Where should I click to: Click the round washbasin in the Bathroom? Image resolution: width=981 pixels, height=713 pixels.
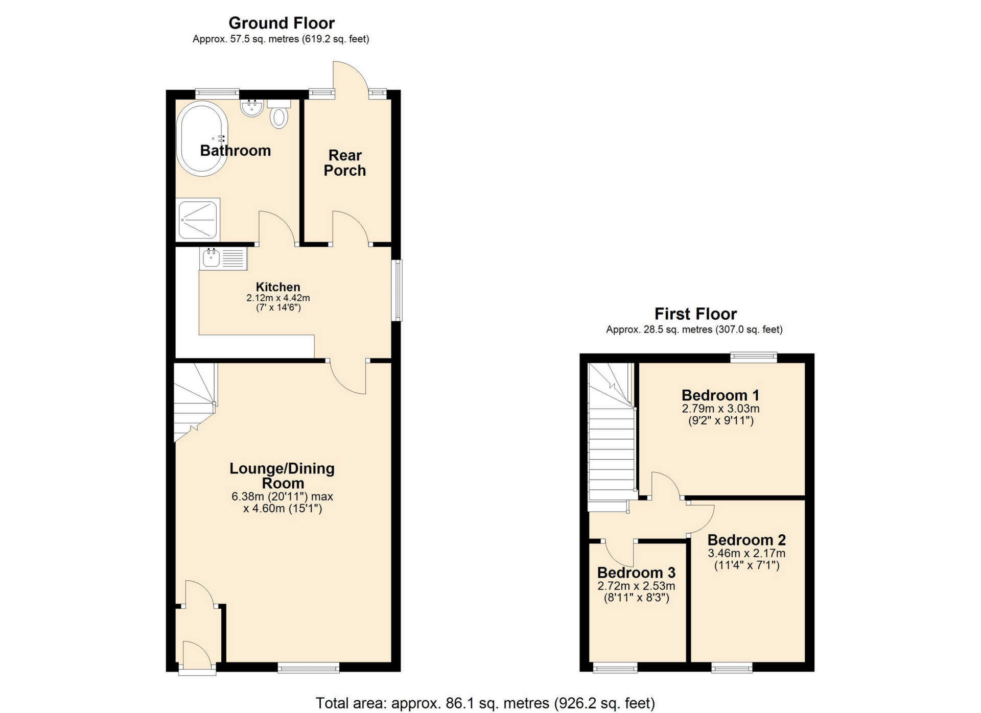252,108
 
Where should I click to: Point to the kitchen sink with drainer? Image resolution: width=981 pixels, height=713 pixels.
224,258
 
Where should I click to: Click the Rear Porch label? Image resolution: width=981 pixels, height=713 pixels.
345,163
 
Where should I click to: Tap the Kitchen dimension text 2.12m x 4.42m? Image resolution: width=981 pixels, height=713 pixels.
278,298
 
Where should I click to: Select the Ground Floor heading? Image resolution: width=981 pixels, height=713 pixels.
282,23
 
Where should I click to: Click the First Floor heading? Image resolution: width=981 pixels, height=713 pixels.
695,314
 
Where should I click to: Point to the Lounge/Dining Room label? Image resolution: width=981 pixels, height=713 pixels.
282,476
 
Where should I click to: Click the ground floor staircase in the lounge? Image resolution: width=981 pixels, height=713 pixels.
194,398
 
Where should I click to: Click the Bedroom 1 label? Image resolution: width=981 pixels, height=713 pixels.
720,395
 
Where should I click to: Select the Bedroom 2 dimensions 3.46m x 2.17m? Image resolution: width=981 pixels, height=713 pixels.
746,553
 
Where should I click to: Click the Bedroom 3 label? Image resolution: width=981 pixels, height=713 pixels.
636,573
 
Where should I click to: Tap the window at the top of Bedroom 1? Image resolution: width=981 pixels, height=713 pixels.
754,357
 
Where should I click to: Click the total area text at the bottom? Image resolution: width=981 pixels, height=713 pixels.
485,703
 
